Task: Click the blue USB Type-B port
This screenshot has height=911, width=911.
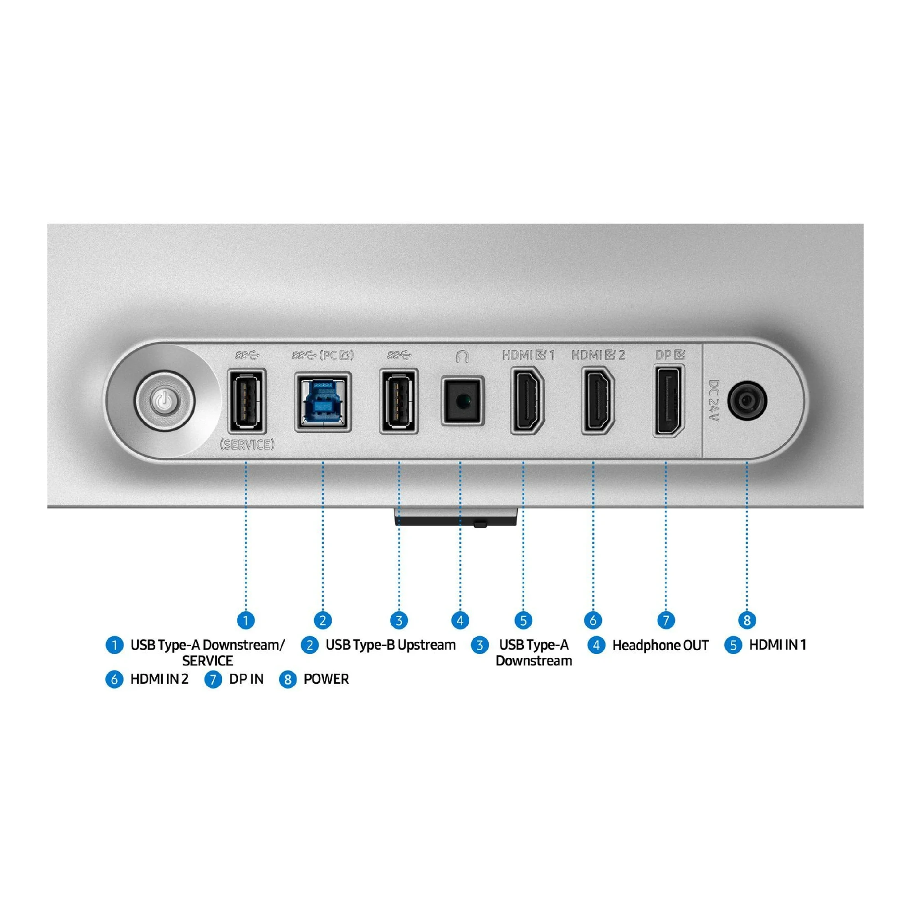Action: pyautogui.click(x=322, y=402)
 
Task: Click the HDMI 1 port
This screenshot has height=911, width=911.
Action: pyautogui.click(x=527, y=401)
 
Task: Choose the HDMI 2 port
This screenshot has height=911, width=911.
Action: pyautogui.click(x=598, y=401)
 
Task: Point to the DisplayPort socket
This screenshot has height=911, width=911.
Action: pyautogui.click(x=669, y=401)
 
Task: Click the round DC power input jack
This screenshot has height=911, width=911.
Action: pyautogui.click(x=747, y=401)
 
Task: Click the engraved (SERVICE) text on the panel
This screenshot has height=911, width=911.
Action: pyautogui.click(x=247, y=445)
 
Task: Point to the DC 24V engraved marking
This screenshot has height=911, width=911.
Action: pyautogui.click(x=714, y=401)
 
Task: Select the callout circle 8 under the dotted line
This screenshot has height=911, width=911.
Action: pyautogui.click(x=747, y=620)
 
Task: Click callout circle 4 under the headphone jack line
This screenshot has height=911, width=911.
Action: pyautogui.click(x=460, y=620)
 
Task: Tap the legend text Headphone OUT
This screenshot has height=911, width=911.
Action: pyautogui.click(x=660, y=645)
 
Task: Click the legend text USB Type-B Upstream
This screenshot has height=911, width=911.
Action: pyautogui.click(x=390, y=645)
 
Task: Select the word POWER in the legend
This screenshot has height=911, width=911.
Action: pyautogui.click(x=326, y=679)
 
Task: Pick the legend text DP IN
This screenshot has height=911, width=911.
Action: pyautogui.click(x=246, y=679)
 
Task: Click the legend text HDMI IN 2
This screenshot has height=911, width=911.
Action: pyautogui.click(x=159, y=679)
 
